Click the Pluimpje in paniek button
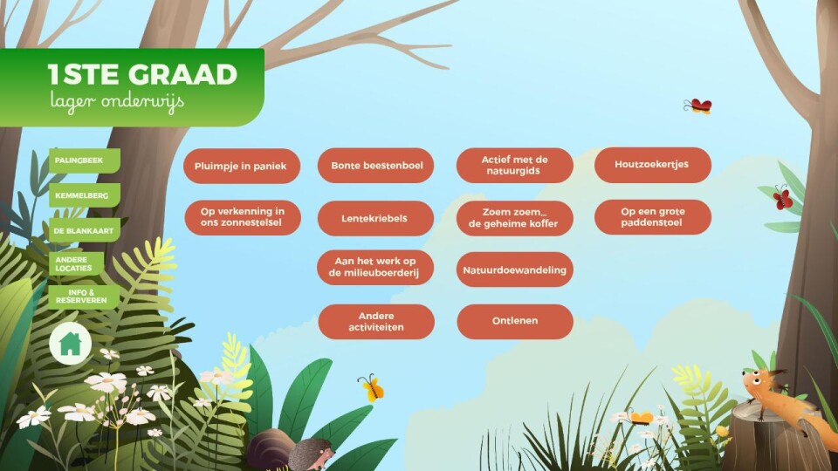point(242,166)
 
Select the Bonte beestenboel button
point(375,166)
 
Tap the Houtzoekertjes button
point(653,165)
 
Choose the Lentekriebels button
point(375,218)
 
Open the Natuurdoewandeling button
point(515,270)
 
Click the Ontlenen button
point(515,322)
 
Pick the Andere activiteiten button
point(376,322)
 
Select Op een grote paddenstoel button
point(653,217)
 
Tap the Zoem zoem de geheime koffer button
point(515,218)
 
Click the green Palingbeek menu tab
point(85,160)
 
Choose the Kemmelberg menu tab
point(85,195)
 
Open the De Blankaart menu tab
point(85,230)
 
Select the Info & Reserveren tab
point(84,297)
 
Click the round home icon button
point(71,344)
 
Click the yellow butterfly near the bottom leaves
point(371,387)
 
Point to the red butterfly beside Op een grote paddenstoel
point(782,198)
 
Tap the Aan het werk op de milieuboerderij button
point(375,268)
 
